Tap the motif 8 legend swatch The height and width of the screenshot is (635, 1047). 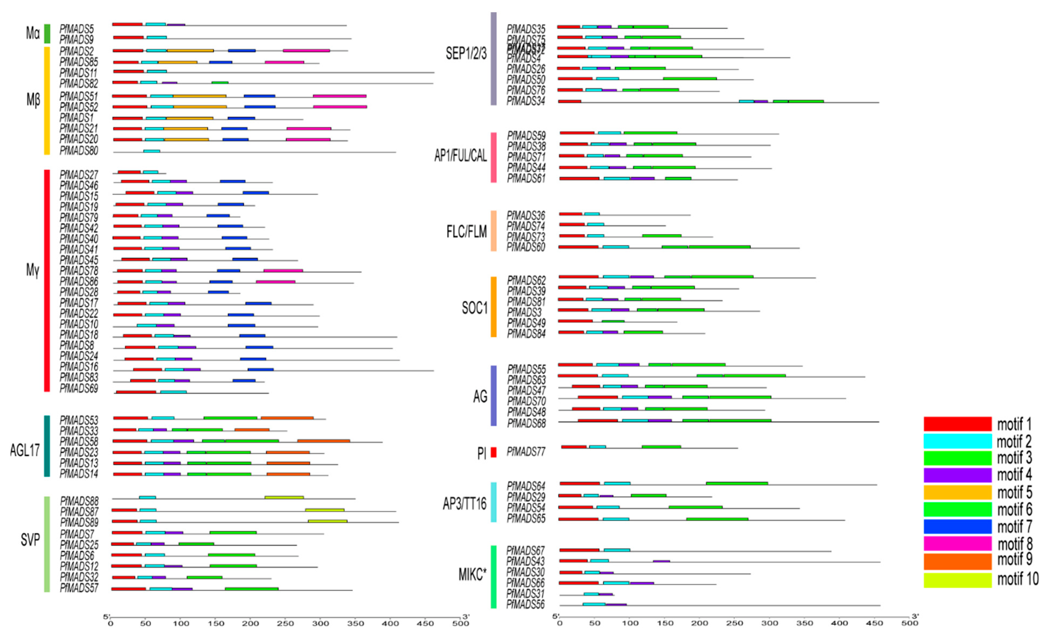coord(957,543)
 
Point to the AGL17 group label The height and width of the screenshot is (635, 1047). coord(25,450)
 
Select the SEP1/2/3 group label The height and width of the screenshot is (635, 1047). coord(466,54)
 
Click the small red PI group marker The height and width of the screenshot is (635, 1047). coord(493,452)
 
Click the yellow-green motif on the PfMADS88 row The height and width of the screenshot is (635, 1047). coord(284,497)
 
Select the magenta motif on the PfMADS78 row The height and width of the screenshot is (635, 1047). coord(283,270)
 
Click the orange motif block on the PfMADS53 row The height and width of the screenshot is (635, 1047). coord(287,418)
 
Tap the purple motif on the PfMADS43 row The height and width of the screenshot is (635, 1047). coord(661,561)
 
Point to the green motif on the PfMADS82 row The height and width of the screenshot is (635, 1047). coord(220,82)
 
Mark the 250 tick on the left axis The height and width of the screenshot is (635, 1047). coord(285,623)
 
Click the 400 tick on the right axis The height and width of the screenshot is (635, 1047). coord(839,623)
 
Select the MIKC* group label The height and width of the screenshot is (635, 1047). coord(472,575)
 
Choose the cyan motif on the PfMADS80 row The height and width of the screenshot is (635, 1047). coord(152,151)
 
